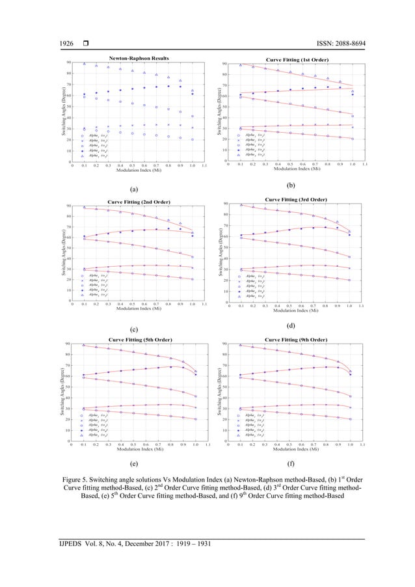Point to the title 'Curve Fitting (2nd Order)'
[x=139, y=201]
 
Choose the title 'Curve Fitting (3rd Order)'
[x=296, y=198]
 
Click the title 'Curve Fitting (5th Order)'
[x=140, y=339]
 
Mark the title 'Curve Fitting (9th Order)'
[x=296, y=339]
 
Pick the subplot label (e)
[x=133, y=466]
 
